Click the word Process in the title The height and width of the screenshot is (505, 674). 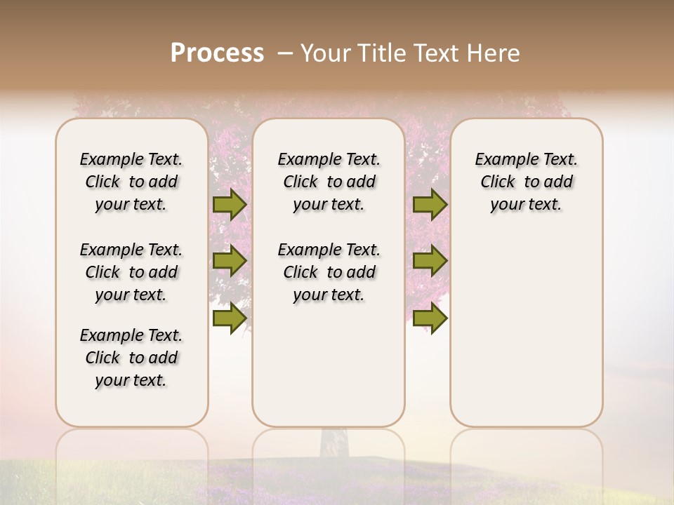point(217,53)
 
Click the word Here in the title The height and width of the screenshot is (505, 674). point(494,53)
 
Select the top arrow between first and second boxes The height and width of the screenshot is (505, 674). point(229,204)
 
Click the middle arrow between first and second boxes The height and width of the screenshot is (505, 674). point(229,262)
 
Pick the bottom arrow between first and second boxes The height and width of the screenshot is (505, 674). point(229,318)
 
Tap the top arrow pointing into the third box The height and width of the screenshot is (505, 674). point(430,204)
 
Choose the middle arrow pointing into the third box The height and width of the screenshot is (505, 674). point(430,262)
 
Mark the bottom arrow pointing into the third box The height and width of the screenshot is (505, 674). point(430,318)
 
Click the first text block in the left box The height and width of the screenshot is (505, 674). point(131,182)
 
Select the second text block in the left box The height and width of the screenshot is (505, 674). point(131,272)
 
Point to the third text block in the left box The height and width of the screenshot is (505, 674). point(131,358)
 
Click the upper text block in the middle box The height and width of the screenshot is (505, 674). point(329,182)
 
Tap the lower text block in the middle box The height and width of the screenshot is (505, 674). point(329,272)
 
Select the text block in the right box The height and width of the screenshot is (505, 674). point(526,182)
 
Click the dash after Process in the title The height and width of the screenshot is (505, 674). point(285,53)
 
